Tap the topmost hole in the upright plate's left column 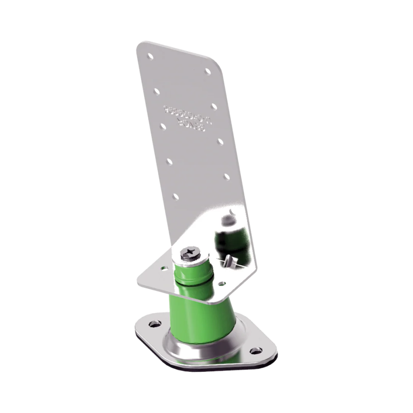pos(150,56)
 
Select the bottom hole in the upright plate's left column pos(176,196)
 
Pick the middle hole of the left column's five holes pos(163,126)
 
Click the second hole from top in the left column pos(157,91)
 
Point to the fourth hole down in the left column pos(169,162)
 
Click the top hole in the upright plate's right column pos(207,71)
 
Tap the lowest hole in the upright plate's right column pos(227,176)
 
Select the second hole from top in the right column pos(214,106)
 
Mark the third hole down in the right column pos(220,141)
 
